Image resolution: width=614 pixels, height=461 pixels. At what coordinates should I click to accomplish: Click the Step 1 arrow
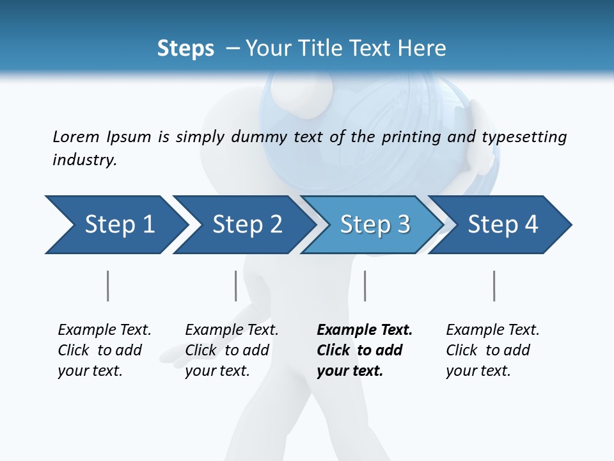[115, 225]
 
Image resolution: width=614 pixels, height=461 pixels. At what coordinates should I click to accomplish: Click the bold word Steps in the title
[185, 49]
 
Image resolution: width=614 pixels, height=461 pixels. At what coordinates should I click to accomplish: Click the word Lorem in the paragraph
[75, 136]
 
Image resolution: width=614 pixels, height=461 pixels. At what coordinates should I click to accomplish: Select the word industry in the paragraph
[84, 159]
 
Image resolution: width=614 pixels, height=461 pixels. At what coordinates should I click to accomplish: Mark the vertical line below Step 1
[108, 286]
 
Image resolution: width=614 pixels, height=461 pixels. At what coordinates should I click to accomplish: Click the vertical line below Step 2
[236, 286]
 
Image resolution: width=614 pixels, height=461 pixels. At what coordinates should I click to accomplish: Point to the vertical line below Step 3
[365, 286]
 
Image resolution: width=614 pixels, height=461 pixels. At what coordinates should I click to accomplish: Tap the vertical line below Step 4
[494, 286]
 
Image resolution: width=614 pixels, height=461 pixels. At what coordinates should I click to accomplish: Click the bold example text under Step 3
[365, 350]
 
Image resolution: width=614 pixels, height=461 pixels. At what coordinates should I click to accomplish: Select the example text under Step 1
[104, 350]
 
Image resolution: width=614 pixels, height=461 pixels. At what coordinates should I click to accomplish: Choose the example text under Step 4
[492, 350]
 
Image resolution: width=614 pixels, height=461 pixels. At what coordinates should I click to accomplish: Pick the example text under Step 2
[232, 350]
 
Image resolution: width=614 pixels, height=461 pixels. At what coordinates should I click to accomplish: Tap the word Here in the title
[425, 49]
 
